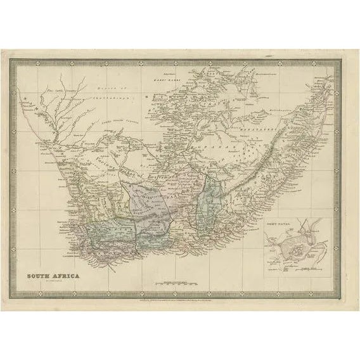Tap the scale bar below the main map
(x=168, y=278)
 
